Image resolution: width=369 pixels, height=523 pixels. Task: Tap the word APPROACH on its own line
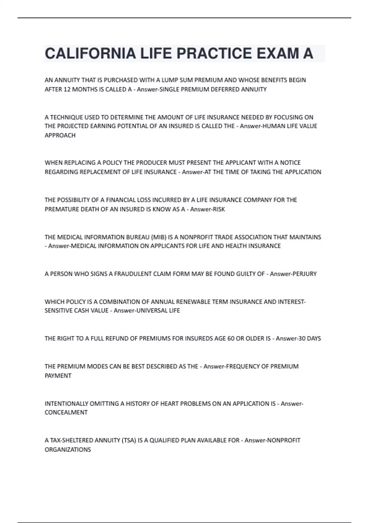click(x=60, y=135)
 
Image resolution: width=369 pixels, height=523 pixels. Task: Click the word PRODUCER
click(x=152, y=163)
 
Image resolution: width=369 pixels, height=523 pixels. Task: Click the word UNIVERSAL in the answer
click(x=152, y=311)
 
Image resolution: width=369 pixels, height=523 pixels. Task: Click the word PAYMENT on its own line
click(x=58, y=376)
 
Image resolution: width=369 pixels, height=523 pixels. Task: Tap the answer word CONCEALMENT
click(x=66, y=413)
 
